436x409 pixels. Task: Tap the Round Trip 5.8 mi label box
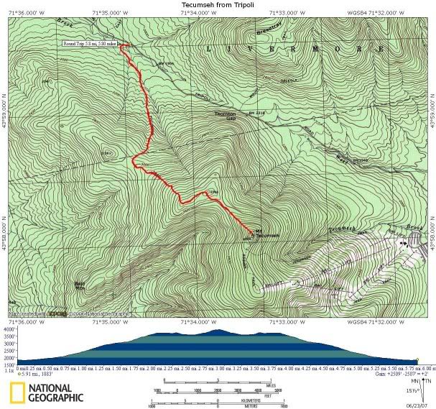point(89,45)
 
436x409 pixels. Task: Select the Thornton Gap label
point(226,116)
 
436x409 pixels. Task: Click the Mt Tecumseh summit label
point(265,235)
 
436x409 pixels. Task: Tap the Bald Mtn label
point(80,285)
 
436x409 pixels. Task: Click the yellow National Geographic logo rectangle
point(19,392)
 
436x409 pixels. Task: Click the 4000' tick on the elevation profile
point(9,330)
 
